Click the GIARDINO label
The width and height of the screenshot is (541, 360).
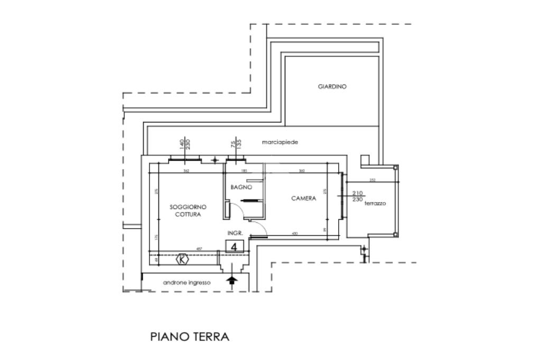pyautogui.click(x=332, y=87)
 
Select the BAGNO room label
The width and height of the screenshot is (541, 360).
pyautogui.click(x=241, y=187)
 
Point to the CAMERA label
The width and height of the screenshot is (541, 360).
pyautogui.click(x=304, y=198)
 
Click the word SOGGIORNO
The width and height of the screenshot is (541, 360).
pyautogui.click(x=188, y=207)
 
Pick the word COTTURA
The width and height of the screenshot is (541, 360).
pyautogui.click(x=188, y=214)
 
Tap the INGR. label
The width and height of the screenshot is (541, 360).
pyautogui.click(x=235, y=233)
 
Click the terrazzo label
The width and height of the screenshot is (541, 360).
pyautogui.click(x=375, y=203)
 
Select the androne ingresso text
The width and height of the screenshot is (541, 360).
pyautogui.click(x=186, y=283)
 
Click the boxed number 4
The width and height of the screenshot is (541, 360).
pyautogui.click(x=235, y=246)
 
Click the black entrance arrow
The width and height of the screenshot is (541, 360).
pyautogui.click(x=231, y=281)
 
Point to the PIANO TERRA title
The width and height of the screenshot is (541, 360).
pyautogui.click(x=190, y=337)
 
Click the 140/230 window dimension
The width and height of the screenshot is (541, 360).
pyautogui.click(x=184, y=145)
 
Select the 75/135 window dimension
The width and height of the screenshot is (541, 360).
pyautogui.click(x=236, y=145)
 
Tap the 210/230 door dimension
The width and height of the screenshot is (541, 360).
pyautogui.click(x=358, y=196)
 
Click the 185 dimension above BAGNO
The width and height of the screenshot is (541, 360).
pyautogui.click(x=244, y=170)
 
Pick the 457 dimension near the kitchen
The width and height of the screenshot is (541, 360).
pyautogui.click(x=200, y=248)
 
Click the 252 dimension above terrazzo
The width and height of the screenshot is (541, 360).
pyautogui.click(x=372, y=180)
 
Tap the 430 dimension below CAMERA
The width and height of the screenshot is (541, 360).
pyautogui.click(x=295, y=234)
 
